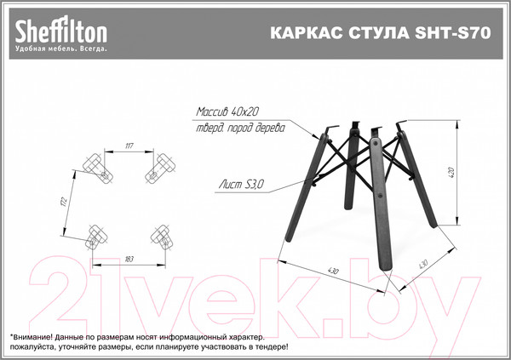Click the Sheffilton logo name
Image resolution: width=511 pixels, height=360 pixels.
point(60,31)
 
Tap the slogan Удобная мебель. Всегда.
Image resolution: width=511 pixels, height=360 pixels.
point(60,49)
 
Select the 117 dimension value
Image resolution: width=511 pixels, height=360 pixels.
point(129,146)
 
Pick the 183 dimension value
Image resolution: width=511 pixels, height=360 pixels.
point(129,256)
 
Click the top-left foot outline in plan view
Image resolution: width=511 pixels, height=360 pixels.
point(99,168)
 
